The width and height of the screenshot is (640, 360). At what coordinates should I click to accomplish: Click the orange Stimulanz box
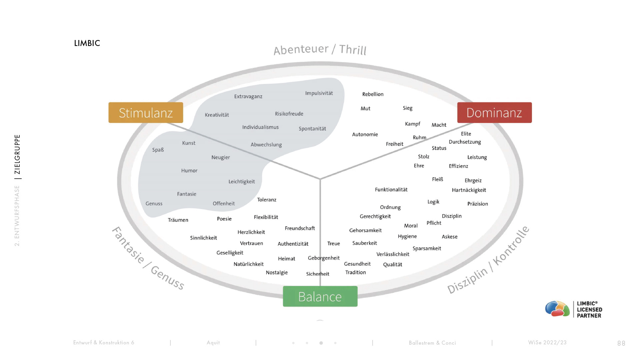click(x=146, y=113)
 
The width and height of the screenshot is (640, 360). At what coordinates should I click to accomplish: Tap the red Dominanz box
click(x=494, y=113)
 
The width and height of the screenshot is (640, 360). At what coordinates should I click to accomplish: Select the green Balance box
click(x=320, y=296)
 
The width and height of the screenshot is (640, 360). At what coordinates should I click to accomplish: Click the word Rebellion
click(x=373, y=94)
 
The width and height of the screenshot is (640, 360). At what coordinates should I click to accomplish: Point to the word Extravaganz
click(x=248, y=97)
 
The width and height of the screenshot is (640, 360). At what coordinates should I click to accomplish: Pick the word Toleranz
click(x=267, y=200)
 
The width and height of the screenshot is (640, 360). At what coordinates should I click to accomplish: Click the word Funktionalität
click(x=391, y=190)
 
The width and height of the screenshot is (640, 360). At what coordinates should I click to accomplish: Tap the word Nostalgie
click(x=277, y=273)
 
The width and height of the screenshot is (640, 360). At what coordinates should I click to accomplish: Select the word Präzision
click(x=477, y=204)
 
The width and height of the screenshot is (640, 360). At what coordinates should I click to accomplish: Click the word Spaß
click(x=158, y=150)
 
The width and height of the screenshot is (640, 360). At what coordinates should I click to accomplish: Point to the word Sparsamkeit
click(x=427, y=248)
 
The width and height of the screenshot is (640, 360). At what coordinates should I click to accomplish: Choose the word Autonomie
click(x=365, y=134)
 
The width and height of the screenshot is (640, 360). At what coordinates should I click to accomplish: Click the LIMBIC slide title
click(x=87, y=43)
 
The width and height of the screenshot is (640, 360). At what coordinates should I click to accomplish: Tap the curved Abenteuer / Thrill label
click(x=320, y=49)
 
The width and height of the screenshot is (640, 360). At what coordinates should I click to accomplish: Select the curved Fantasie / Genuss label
click(x=148, y=258)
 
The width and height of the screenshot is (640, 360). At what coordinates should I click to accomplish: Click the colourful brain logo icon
click(x=557, y=309)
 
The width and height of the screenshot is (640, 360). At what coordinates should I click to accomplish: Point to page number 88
click(x=621, y=343)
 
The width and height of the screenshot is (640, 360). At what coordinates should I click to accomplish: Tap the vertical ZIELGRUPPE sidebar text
click(x=17, y=154)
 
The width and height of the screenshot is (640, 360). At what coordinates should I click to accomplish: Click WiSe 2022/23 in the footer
click(x=547, y=342)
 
